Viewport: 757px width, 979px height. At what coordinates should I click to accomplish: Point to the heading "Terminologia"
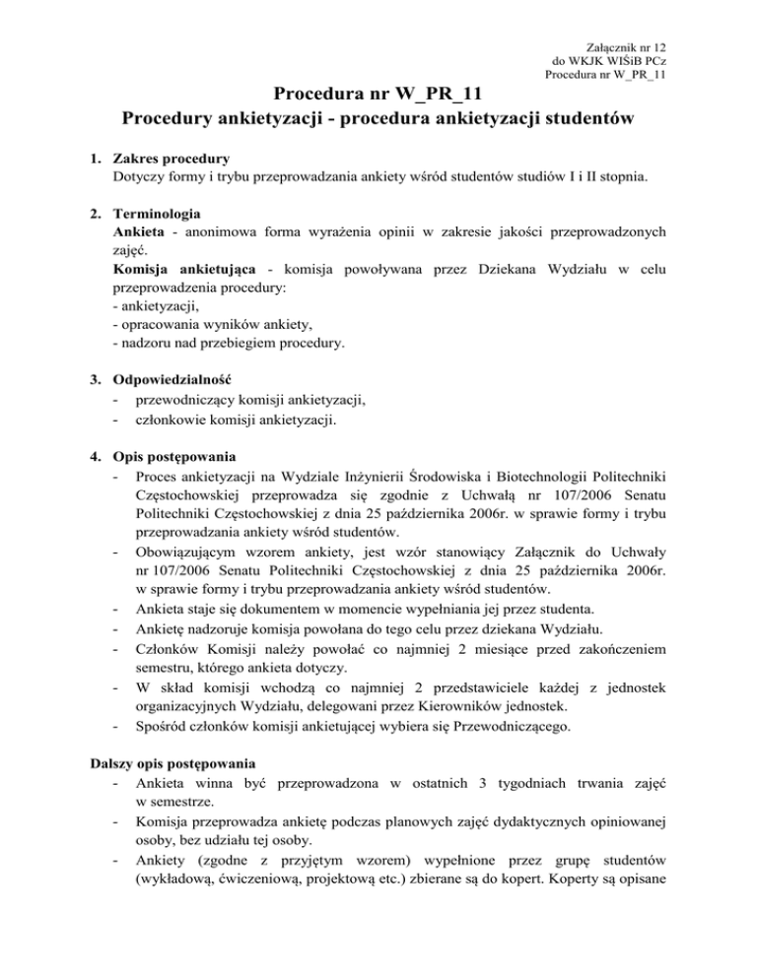pos(158,212)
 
